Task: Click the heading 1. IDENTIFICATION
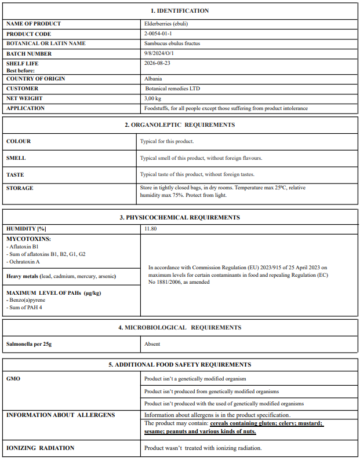180,10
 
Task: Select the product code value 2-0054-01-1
158,34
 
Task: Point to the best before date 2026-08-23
157,64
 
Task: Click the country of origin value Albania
153,79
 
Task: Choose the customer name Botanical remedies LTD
173,89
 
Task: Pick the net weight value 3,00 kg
152,98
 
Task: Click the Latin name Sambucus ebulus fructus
172,44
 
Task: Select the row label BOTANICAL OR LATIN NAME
46,44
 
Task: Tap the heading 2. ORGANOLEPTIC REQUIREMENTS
180,125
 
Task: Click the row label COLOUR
19,141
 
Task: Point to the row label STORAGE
20,188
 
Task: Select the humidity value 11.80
151,229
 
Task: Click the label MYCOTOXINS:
29,239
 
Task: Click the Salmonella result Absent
152,344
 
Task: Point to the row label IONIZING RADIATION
40,448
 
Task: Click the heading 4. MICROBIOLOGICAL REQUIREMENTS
180,328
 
